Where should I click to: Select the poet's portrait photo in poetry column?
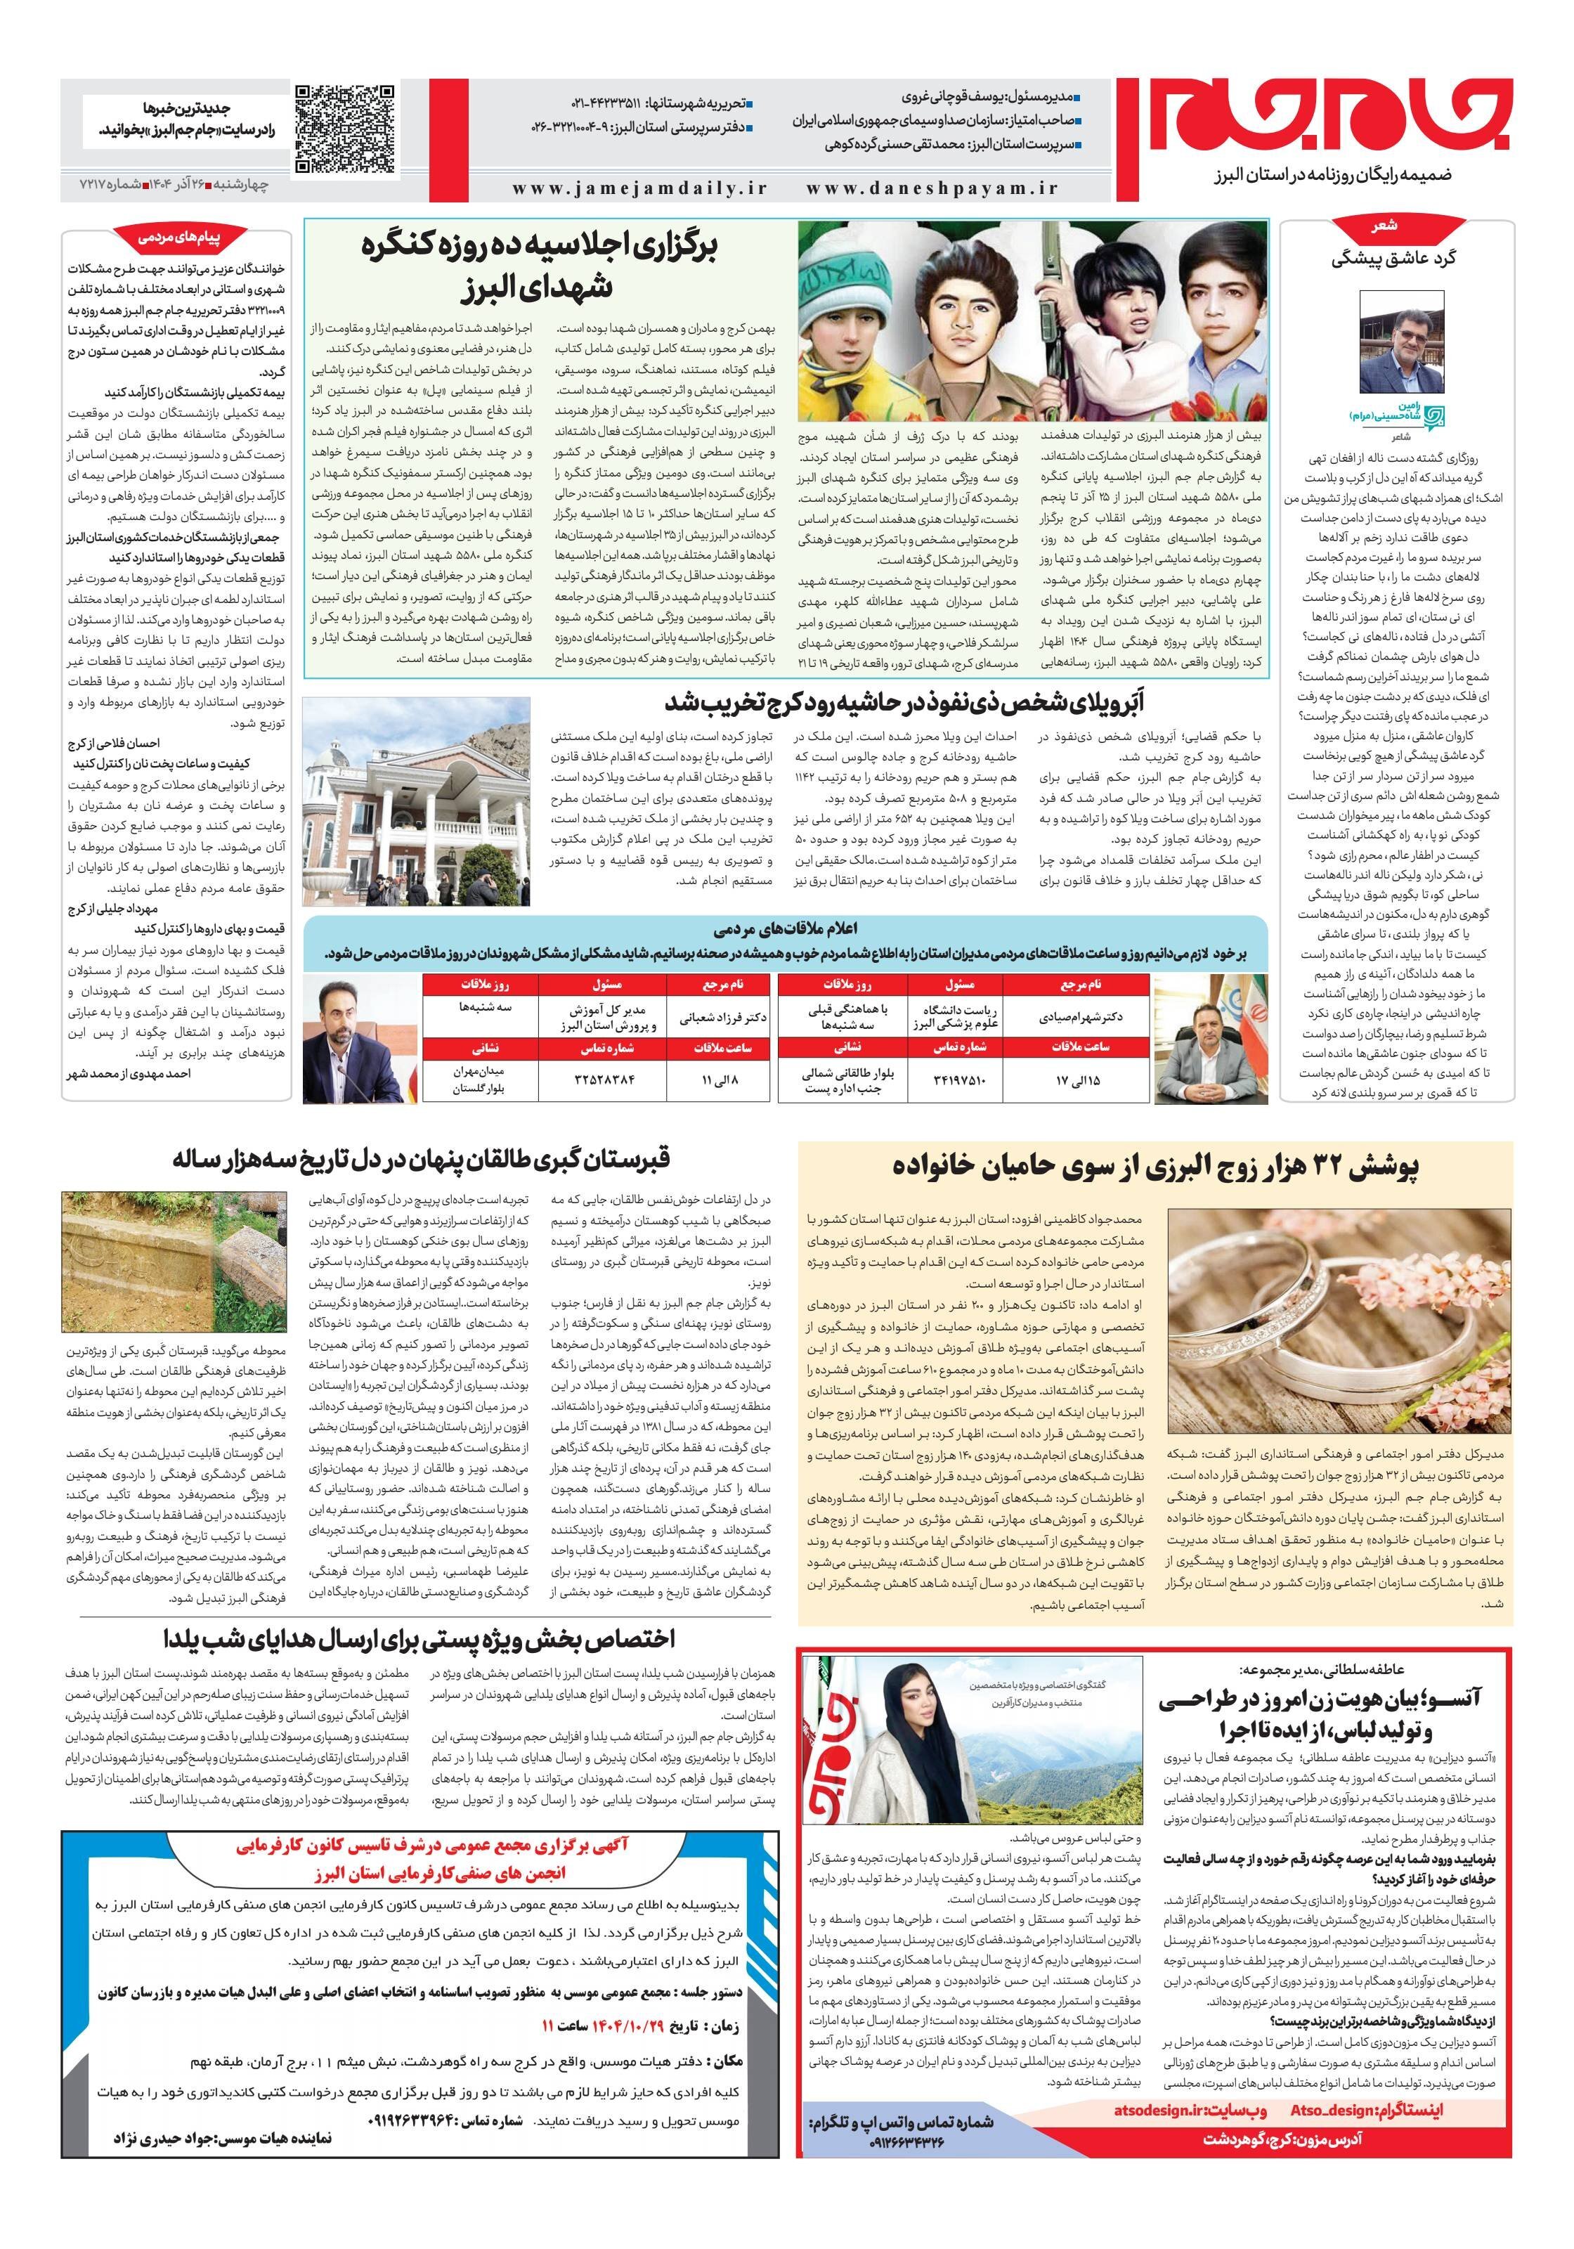coord(1400,345)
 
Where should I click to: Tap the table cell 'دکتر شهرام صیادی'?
coord(1080,1017)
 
